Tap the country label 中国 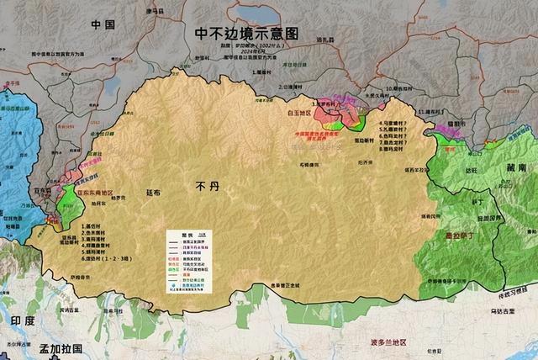[x=103, y=25]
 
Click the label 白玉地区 [x=298, y=111]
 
